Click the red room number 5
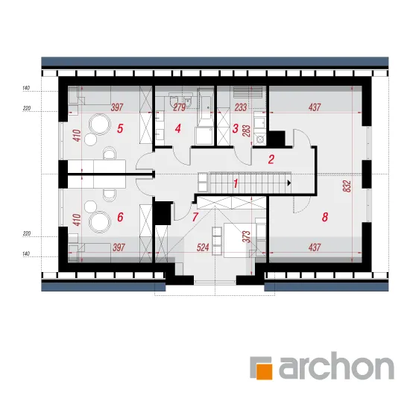(120, 128)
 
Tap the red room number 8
(325, 217)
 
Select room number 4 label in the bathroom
(178, 128)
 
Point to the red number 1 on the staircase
(236, 183)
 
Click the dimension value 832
(347, 186)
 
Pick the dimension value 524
(203, 247)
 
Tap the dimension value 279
(180, 107)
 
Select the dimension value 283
(247, 130)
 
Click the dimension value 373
(247, 236)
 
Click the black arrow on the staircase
(289, 183)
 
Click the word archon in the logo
(336, 365)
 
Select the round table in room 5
(99, 124)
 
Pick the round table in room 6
(99, 221)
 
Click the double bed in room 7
(239, 240)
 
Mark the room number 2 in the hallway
(271, 160)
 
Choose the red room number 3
(236, 128)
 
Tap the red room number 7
(195, 217)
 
